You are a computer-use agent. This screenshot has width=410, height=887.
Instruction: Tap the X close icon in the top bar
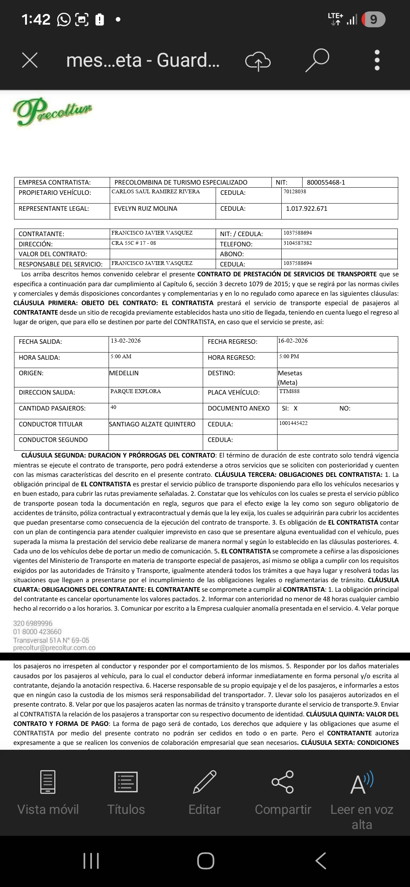[30, 60]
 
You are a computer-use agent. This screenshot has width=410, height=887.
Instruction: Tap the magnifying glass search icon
[317, 60]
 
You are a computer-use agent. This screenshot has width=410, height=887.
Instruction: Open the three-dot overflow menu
[377, 60]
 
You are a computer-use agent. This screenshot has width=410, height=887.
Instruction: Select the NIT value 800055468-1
[326, 182]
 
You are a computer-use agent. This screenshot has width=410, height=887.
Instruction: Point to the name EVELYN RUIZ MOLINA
[146, 208]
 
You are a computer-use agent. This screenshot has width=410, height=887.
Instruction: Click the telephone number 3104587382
[298, 243]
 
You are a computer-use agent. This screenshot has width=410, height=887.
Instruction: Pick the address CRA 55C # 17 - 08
[134, 243]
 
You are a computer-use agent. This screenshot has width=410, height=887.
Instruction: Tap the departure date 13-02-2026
[126, 341]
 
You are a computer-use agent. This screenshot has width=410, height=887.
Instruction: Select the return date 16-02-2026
[293, 341]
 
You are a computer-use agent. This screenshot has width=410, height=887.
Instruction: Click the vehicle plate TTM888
[289, 391]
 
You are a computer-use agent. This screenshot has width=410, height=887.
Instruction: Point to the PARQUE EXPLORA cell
[136, 391]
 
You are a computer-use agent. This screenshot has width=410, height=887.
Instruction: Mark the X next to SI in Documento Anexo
[296, 408]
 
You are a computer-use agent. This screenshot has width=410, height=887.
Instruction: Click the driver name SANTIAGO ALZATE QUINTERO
[152, 424]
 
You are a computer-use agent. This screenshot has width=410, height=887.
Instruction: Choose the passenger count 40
[114, 407]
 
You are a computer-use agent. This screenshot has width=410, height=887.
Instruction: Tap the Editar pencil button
[205, 792]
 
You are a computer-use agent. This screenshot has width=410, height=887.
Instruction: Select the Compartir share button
[283, 792]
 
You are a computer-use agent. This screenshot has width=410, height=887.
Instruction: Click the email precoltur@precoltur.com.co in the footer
[54, 648]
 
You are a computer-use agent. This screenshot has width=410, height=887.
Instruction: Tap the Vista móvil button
[48, 792]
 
